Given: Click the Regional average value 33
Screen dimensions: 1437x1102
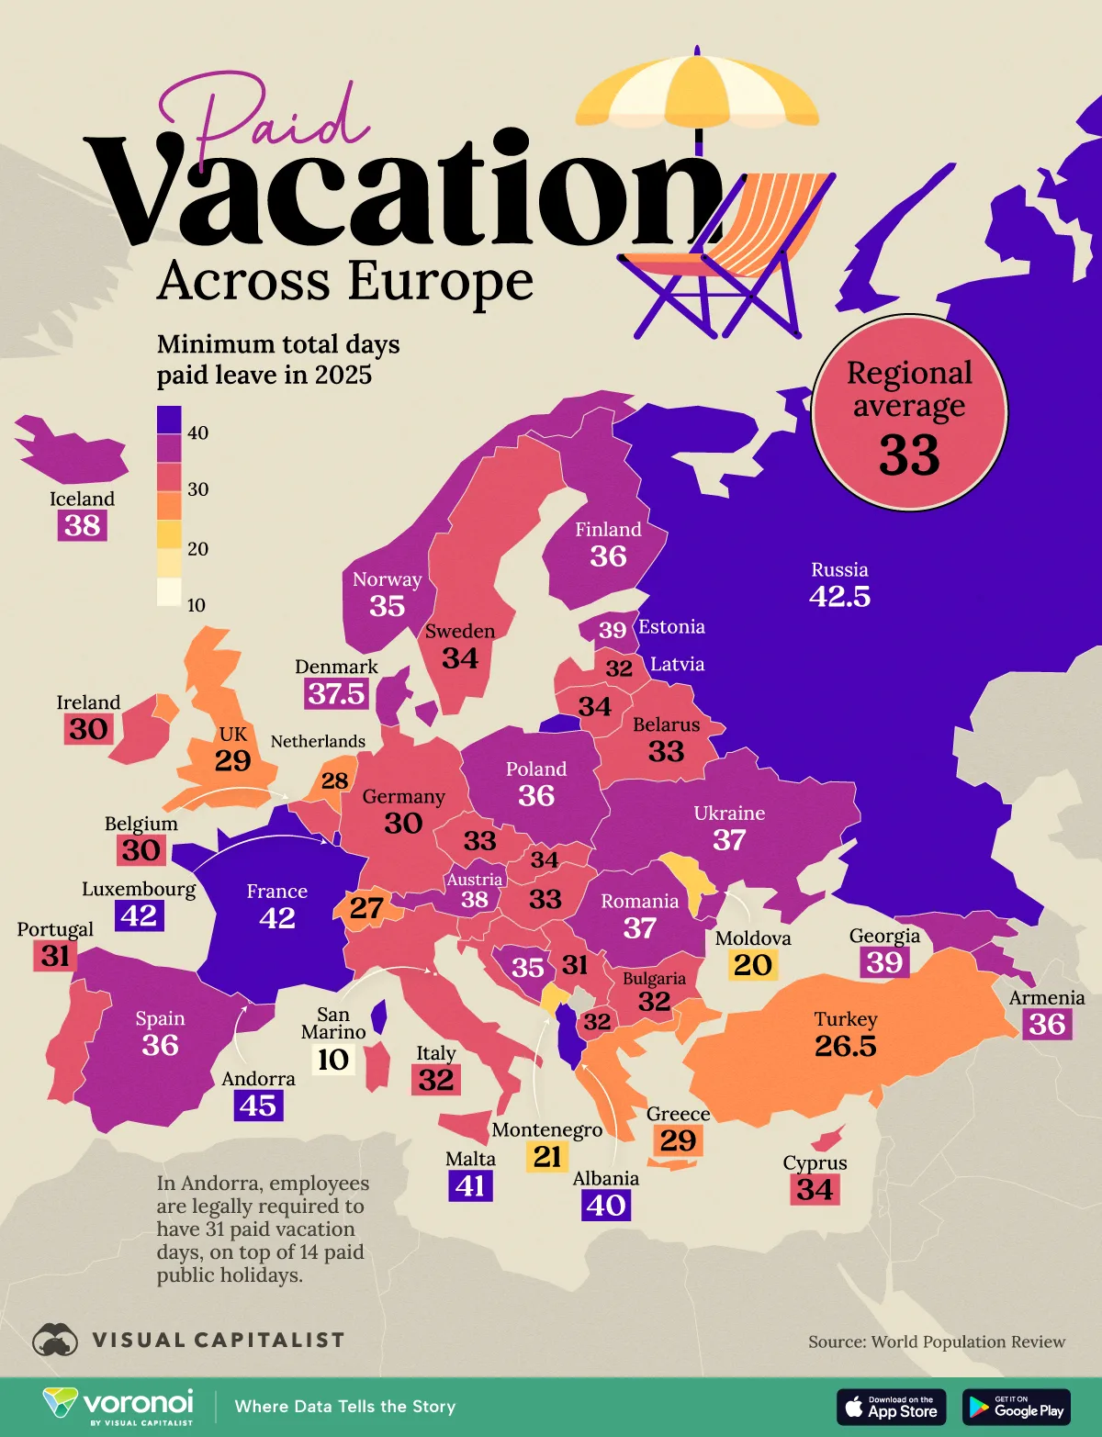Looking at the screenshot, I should point(909,455).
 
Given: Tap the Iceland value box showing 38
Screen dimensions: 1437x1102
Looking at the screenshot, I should point(83,526).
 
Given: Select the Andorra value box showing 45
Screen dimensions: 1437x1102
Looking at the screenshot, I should point(257,1106).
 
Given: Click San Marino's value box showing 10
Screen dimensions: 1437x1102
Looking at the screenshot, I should point(332,1060).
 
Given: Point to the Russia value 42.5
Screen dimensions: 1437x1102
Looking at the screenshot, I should point(839,597).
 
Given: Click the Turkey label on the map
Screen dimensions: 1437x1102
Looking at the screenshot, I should point(846,1019).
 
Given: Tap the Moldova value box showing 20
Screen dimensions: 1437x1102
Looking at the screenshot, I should point(753,965).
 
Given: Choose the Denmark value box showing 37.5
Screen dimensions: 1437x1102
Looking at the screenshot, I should point(336,693).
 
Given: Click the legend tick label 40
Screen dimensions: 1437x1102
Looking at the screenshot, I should point(197,432).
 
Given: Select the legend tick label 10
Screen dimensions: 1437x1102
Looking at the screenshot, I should point(197,605).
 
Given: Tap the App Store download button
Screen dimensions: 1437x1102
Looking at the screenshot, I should point(891,1407).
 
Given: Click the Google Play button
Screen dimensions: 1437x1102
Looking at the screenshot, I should point(1016,1407).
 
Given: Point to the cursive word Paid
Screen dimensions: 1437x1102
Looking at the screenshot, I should point(266,115).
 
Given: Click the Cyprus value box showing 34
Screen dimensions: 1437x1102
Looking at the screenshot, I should point(815,1190).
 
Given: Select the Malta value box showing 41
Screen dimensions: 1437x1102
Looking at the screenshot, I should point(470,1185).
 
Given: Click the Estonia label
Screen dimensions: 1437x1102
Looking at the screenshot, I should point(671,627).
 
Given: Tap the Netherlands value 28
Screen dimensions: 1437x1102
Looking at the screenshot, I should point(334,780).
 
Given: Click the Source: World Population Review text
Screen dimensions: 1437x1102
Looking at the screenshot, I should point(937,1342).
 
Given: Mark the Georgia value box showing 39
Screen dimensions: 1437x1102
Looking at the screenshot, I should point(884,962).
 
